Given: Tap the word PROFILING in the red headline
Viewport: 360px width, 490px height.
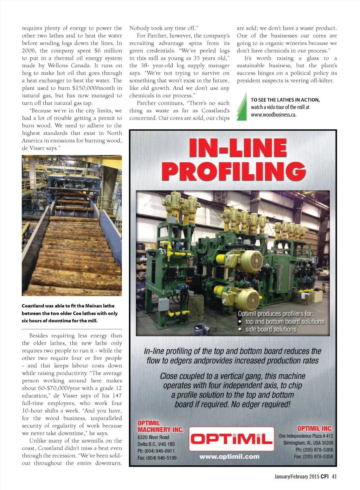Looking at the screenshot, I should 233,172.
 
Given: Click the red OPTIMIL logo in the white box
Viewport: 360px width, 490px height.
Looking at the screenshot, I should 231,438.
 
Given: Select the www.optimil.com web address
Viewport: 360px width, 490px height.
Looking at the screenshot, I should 229,457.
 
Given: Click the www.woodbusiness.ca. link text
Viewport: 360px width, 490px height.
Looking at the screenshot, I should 274,115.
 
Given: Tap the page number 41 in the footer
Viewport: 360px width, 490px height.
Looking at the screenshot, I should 334,477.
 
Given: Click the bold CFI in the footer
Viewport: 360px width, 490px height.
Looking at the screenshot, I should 324,477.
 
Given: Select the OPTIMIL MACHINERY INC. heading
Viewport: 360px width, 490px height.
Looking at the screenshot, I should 160,426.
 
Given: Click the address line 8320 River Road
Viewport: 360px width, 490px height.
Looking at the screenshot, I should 153,437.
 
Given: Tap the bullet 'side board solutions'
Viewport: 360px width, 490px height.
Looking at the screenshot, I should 271,329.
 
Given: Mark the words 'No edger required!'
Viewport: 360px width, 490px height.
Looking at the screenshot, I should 261,404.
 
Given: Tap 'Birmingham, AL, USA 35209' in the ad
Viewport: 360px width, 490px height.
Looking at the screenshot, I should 308,443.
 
